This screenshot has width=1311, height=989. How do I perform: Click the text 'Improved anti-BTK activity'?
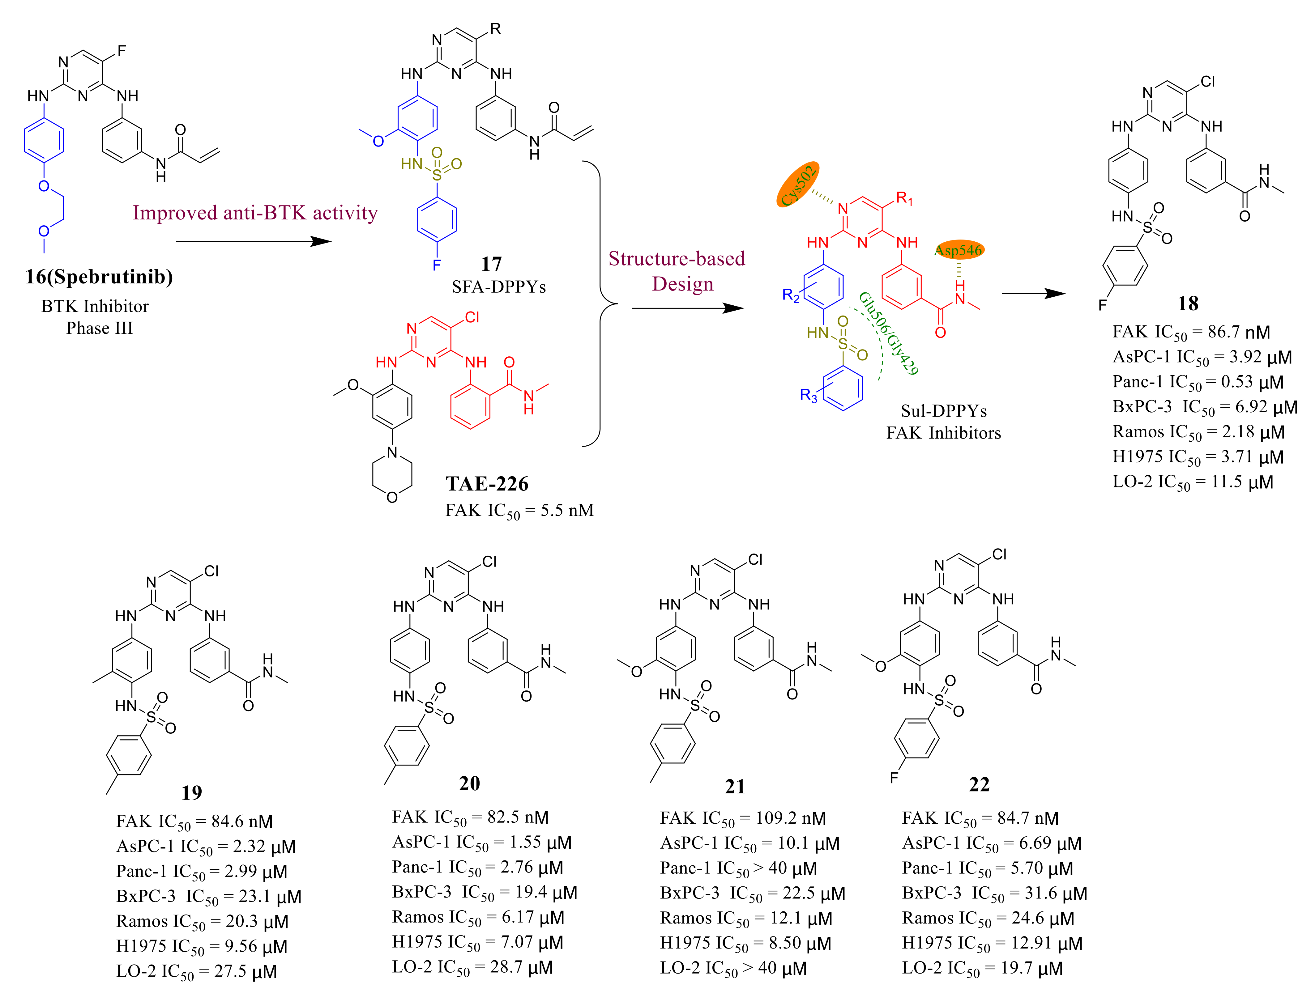[x=255, y=213]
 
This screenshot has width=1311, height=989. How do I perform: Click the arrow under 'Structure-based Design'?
[x=688, y=308]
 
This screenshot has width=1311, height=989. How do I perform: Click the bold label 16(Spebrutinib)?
[x=99, y=277]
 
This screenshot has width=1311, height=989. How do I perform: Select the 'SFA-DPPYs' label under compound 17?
[x=498, y=287]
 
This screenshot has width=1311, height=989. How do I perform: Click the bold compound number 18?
[x=1188, y=303]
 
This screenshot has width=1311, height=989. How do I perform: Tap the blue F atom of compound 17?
[x=437, y=264]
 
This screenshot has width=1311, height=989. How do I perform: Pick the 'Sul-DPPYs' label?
[x=944, y=411]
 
